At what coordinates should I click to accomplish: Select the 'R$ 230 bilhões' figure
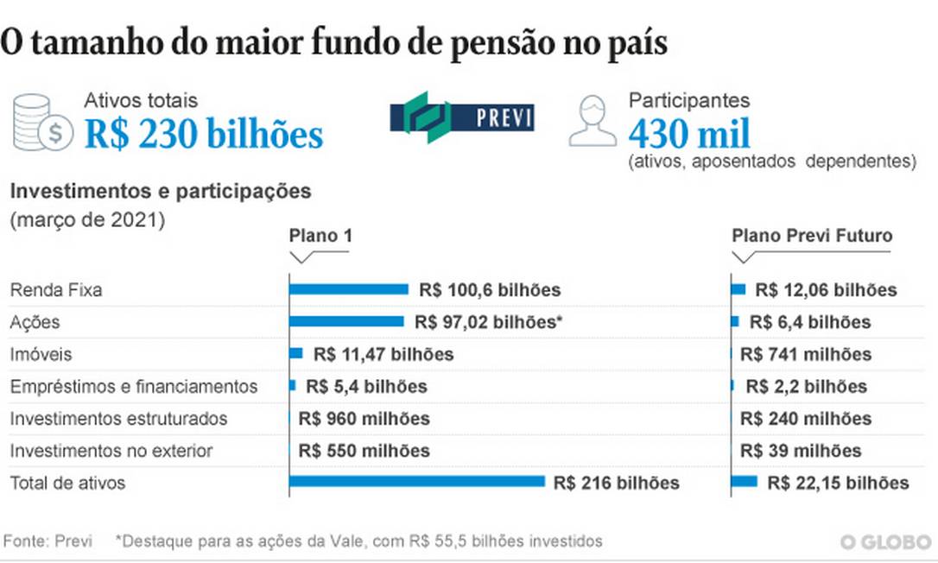click(x=204, y=135)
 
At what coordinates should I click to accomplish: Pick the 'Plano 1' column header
click(x=320, y=237)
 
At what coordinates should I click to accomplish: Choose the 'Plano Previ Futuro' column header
click(x=812, y=236)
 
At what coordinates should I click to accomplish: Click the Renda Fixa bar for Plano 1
click(x=348, y=289)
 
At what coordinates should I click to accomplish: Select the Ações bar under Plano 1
click(x=346, y=322)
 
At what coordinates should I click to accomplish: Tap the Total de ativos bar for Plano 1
click(x=417, y=482)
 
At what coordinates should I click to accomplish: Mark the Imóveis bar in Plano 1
click(x=296, y=353)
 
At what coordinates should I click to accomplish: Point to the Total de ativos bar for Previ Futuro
click(x=745, y=482)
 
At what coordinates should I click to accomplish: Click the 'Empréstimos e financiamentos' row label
click(x=134, y=386)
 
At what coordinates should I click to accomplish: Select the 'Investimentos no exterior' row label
click(x=111, y=451)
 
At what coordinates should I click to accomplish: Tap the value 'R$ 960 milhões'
click(x=364, y=419)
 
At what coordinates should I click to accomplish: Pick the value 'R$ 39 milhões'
click(x=802, y=451)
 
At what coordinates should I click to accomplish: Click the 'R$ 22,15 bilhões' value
click(x=838, y=484)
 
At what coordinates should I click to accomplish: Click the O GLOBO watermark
click(x=886, y=542)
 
